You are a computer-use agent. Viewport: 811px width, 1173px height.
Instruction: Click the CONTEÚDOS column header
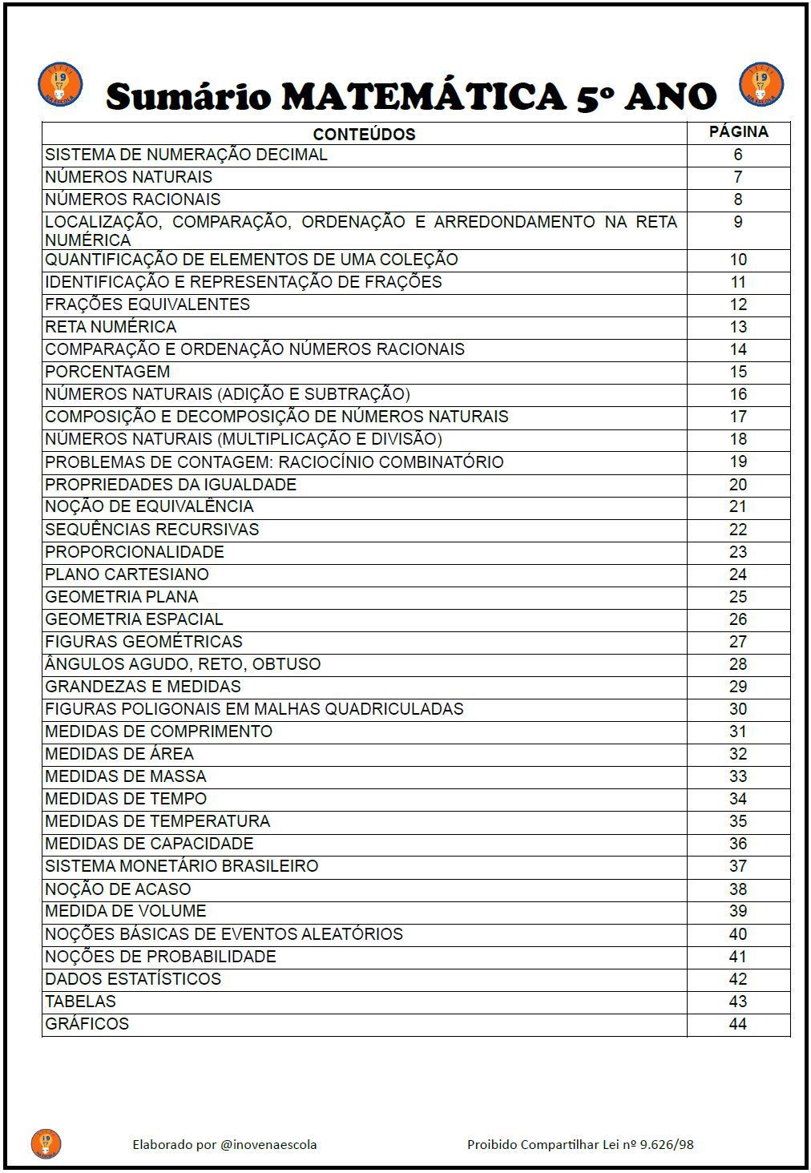pos(364,134)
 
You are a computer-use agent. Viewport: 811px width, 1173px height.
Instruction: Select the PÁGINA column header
pos(738,132)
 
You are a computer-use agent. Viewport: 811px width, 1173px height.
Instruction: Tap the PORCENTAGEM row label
pos(107,372)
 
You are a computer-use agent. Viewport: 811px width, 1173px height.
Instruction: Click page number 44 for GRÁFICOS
pos(738,1024)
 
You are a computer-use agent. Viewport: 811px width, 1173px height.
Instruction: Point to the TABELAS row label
pos(80,1002)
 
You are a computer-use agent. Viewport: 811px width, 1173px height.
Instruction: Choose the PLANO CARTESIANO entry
pos(127,574)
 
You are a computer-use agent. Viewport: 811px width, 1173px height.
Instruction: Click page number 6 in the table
pos(738,155)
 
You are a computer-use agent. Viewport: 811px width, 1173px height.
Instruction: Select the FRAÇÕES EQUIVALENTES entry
pos(147,304)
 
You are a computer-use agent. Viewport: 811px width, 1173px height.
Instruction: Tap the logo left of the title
pos(60,83)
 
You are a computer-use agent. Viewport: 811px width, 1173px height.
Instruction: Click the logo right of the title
pos(761,83)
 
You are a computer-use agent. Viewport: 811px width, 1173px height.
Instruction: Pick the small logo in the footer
pos(46,1143)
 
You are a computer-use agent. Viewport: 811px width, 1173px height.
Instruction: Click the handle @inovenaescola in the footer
pos(268,1144)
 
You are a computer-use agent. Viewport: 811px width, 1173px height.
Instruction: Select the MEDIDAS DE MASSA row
pos(126,776)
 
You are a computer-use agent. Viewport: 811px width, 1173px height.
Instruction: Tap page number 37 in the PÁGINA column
pos(738,866)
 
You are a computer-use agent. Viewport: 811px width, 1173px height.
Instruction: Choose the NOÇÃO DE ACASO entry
pos(118,889)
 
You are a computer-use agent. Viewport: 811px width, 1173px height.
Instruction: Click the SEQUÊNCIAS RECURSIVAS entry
pos(152,530)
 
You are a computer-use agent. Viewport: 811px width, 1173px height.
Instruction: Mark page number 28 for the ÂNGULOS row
pos(738,664)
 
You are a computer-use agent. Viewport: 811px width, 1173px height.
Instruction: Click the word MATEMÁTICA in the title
pos(423,96)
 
